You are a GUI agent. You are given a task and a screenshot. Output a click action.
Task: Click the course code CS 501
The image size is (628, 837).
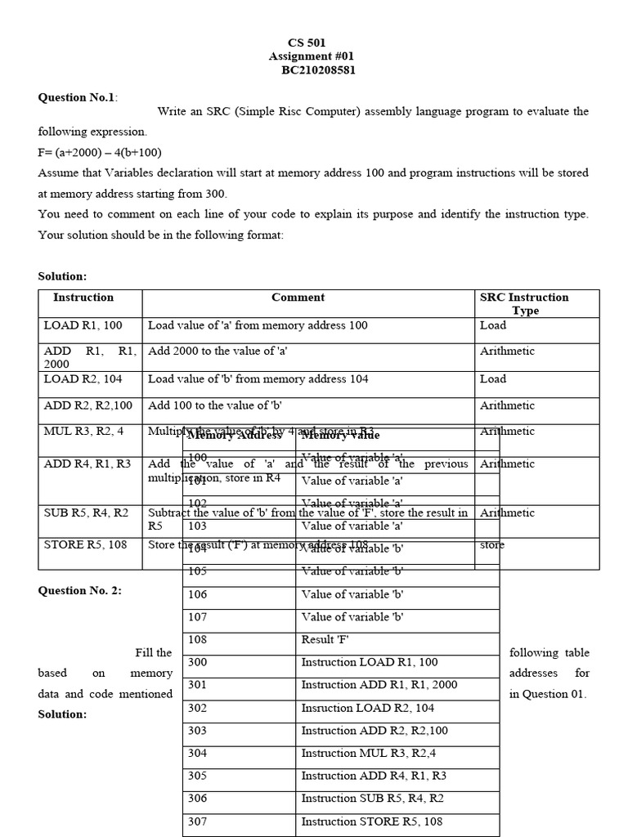point(307,42)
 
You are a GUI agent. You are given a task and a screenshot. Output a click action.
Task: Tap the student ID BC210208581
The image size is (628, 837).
point(318,70)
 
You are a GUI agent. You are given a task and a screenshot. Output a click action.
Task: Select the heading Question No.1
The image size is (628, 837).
point(77,97)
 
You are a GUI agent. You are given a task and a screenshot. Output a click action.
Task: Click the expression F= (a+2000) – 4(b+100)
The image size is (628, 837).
point(100,152)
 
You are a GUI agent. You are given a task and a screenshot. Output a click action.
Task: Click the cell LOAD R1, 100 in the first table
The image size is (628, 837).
point(83,325)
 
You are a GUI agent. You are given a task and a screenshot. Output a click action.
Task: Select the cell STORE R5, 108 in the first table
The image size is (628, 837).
point(85,544)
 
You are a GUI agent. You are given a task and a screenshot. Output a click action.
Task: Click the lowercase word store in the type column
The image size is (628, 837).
point(492,544)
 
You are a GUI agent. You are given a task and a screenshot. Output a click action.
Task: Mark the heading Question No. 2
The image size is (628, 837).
point(79,590)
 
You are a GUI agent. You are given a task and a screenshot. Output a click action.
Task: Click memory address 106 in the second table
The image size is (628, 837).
point(197,594)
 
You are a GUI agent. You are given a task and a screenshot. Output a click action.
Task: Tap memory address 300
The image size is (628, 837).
point(197,662)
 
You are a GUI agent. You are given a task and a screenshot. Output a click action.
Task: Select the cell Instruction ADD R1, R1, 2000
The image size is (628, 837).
point(379,685)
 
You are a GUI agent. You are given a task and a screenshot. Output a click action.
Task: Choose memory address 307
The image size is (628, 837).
point(197,821)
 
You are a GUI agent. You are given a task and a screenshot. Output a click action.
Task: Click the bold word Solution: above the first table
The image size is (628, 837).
point(62,277)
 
